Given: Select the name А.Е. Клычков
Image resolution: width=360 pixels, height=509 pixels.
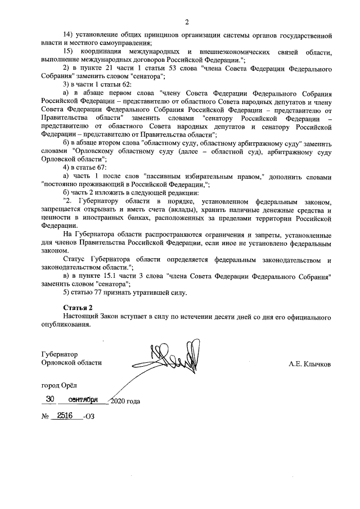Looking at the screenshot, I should pos(309,364).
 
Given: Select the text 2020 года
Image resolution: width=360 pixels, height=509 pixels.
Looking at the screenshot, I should pos(125,402).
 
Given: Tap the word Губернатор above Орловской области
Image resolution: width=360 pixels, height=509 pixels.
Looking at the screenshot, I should pos(60,354).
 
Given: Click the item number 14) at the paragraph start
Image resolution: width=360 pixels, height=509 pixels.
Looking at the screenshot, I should pos(69,35).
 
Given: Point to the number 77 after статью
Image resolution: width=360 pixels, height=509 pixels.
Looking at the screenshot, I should pos(97,292).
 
